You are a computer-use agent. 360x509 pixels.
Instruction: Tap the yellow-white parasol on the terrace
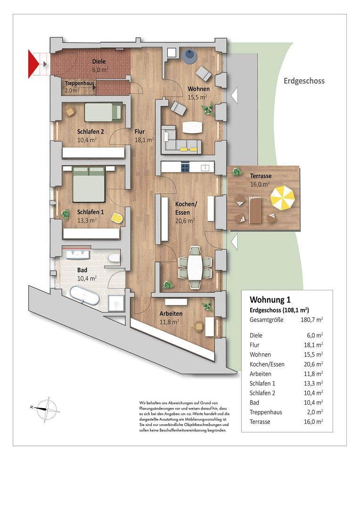(x=282, y=198)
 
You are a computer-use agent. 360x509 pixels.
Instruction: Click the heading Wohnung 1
(x=270, y=300)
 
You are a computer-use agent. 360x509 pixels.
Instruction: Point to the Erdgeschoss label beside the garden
(x=304, y=81)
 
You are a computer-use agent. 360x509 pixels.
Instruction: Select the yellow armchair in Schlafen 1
(x=117, y=218)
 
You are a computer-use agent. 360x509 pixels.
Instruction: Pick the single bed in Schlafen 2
(x=103, y=112)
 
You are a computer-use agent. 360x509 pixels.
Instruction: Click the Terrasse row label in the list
(x=260, y=422)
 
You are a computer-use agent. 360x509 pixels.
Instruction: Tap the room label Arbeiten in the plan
(x=171, y=313)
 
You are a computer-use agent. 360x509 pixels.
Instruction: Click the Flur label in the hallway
(x=139, y=132)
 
